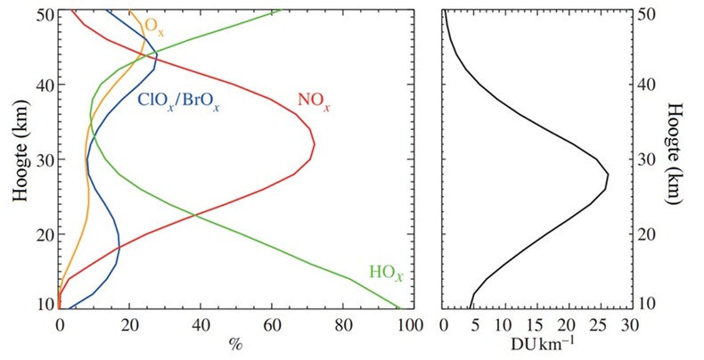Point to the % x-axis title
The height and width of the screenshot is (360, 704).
coord(235,343)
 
